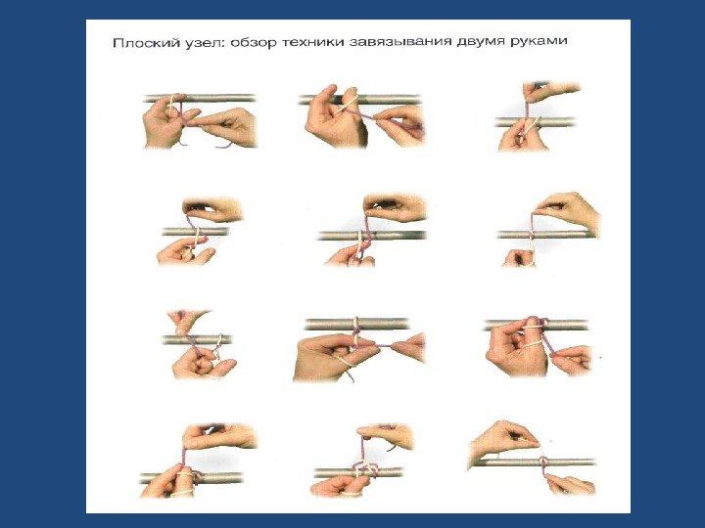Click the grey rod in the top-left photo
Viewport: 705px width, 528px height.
[201, 99]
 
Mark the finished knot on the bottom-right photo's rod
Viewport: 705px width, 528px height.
[543, 462]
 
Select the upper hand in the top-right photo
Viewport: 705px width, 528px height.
[550, 91]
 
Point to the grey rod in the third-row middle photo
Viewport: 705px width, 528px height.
[357, 325]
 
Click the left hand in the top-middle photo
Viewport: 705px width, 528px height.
[334, 116]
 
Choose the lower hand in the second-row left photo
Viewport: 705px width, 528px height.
[184, 251]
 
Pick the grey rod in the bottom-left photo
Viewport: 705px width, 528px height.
[192, 478]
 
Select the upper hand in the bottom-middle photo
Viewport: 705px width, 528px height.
[386, 436]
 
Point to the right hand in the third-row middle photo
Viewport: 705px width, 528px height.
[408, 347]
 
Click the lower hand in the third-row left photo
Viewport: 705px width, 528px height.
[203, 363]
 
